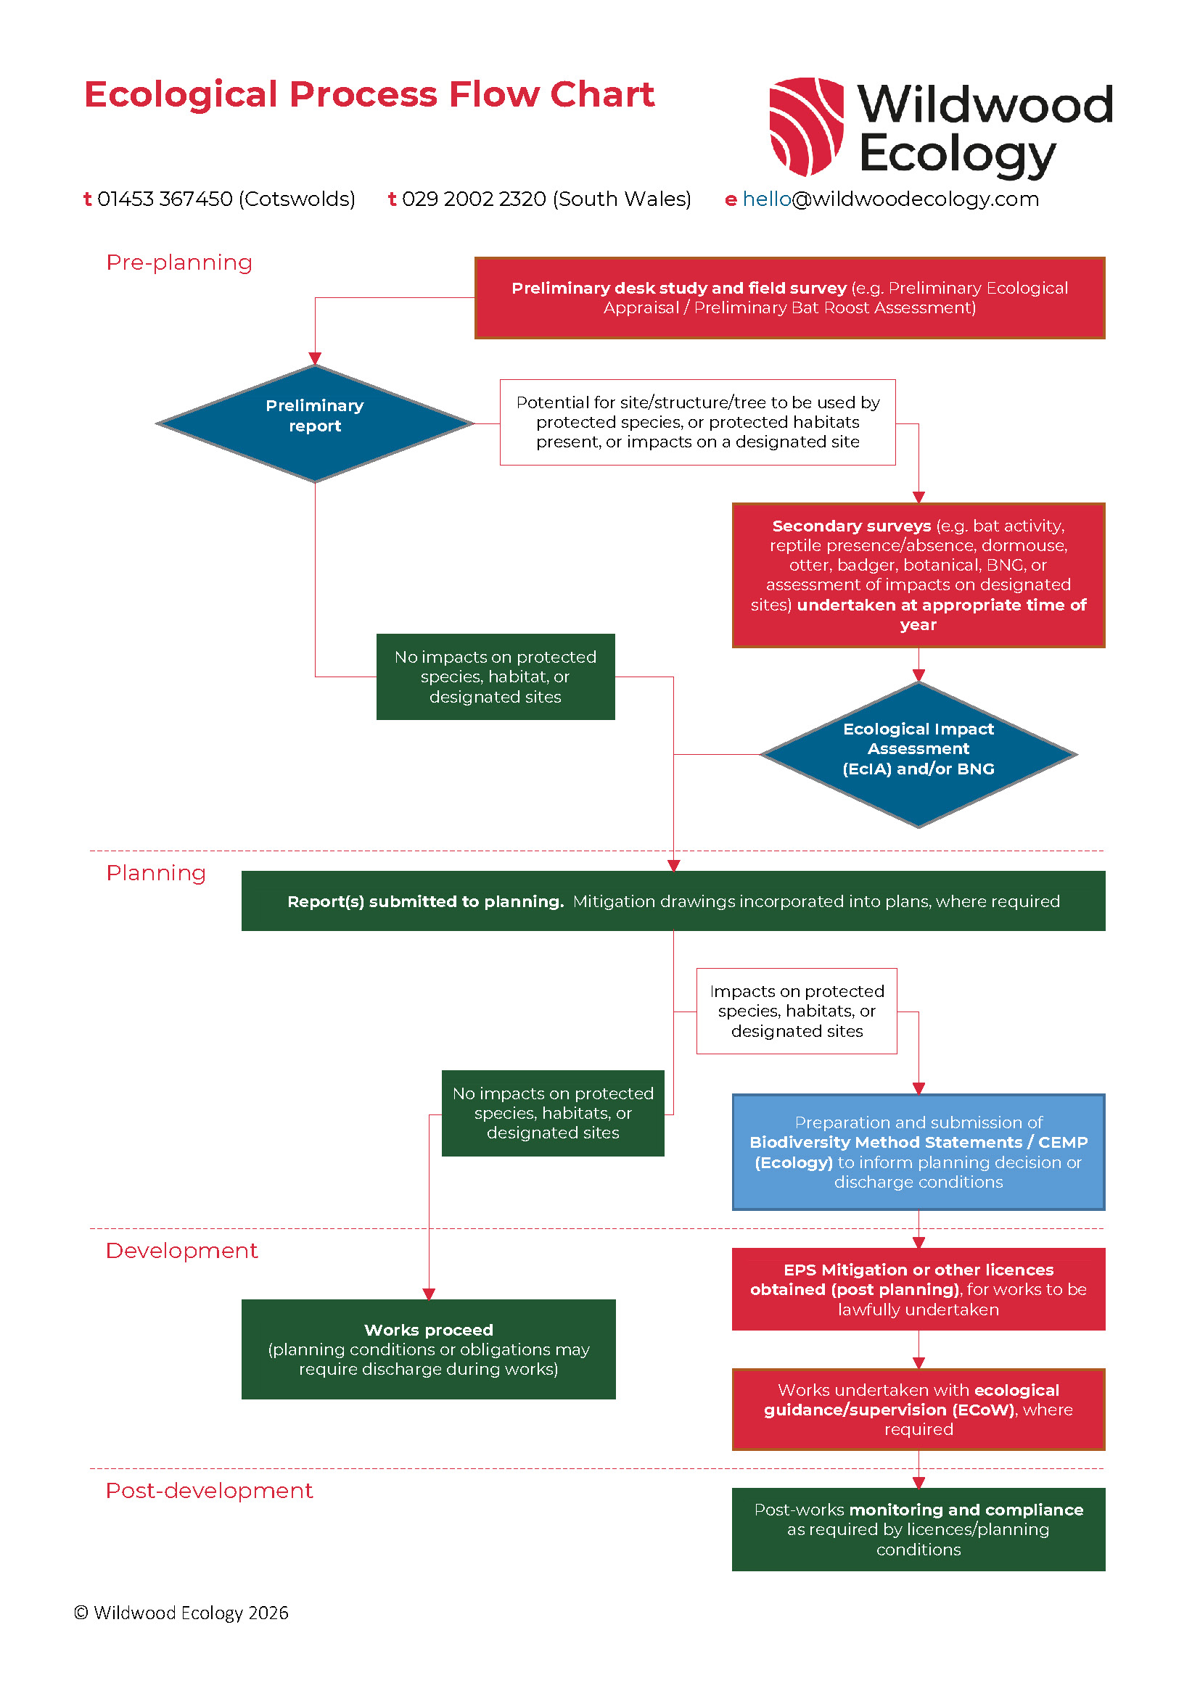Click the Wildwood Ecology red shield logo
(806, 126)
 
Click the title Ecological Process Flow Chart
(369, 94)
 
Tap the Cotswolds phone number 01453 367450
(165, 199)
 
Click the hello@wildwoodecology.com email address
(890, 199)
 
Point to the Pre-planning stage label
(178, 262)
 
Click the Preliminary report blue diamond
(315, 423)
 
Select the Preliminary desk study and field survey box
(789, 298)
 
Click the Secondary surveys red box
(918, 575)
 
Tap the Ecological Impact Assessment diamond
(918, 754)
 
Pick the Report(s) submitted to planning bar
(673, 901)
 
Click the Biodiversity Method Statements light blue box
(918, 1151)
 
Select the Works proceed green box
(429, 1349)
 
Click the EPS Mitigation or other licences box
(918, 1289)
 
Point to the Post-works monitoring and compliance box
(918, 1529)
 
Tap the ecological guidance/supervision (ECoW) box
(918, 1410)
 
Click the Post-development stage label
(209, 1490)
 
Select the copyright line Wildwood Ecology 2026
(181, 1613)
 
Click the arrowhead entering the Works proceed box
(429, 1294)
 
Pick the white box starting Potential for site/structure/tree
(697, 422)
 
